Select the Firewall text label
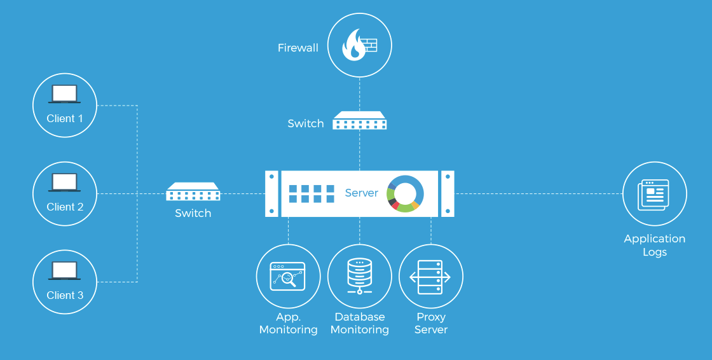click(x=298, y=48)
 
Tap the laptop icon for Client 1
click(x=65, y=95)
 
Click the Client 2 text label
click(x=65, y=207)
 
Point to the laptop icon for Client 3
click(x=65, y=272)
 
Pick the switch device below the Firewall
click(x=360, y=121)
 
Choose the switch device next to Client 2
click(x=193, y=192)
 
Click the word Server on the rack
click(x=361, y=193)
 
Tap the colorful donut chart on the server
click(x=405, y=193)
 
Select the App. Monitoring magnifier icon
click(x=288, y=276)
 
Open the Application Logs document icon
click(x=654, y=194)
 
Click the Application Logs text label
click(x=654, y=246)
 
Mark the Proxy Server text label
click(x=431, y=323)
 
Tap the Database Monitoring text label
click(x=359, y=323)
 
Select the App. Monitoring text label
click(x=288, y=323)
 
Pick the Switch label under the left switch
click(x=193, y=214)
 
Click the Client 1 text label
click(x=65, y=118)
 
